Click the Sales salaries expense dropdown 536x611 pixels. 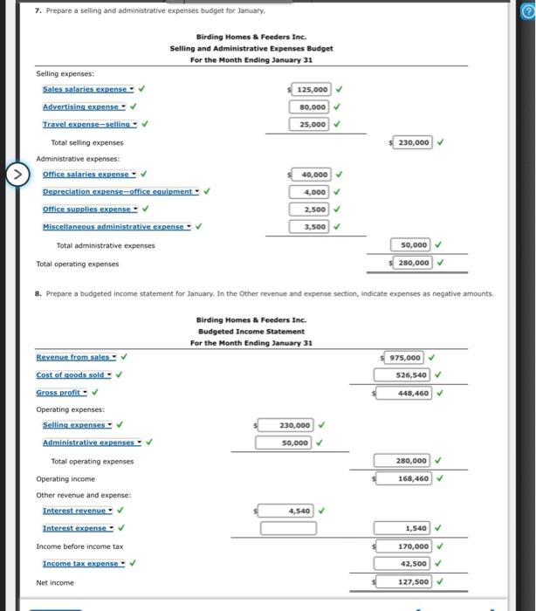point(88,88)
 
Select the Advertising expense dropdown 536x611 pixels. point(85,106)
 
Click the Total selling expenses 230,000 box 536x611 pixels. point(411,142)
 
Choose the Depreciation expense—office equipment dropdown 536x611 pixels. point(121,191)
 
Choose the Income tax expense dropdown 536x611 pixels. point(84,563)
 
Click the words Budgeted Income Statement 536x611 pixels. point(252,331)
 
